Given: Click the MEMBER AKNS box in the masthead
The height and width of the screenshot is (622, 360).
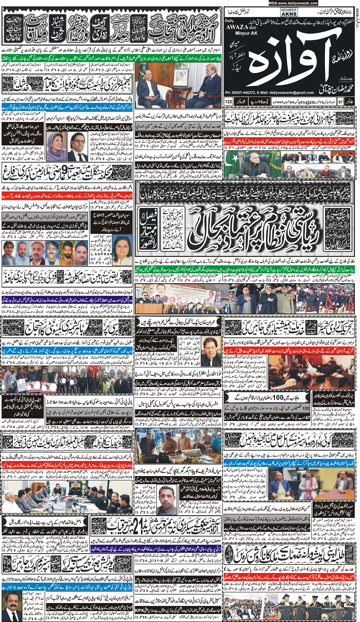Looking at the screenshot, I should [x=289, y=12].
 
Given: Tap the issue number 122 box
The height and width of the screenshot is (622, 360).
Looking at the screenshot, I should [x=228, y=101].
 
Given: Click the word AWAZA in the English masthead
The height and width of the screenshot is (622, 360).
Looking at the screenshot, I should [x=236, y=27].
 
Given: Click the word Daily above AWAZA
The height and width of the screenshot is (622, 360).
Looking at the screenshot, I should [x=229, y=21].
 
